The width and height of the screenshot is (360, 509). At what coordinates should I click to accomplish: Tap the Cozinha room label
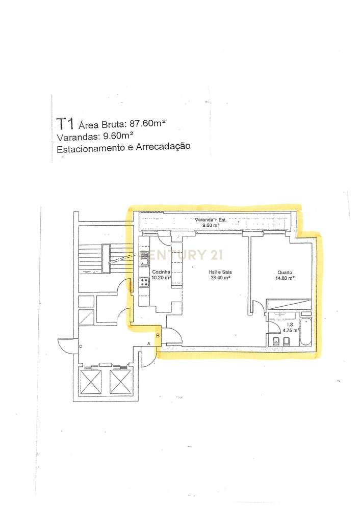(x=161, y=273)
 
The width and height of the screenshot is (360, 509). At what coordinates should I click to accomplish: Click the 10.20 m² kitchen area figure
(x=162, y=278)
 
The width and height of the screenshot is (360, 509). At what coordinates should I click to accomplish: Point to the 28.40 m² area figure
(x=220, y=278)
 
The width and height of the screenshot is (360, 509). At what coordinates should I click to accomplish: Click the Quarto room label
(x=285, y=273)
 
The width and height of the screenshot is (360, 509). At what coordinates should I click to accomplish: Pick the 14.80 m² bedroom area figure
(x=285, y=278)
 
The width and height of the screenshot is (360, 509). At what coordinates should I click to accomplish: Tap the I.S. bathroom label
(x=290, y=325)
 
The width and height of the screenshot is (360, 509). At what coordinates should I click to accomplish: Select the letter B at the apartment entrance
(x=158, y=335)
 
